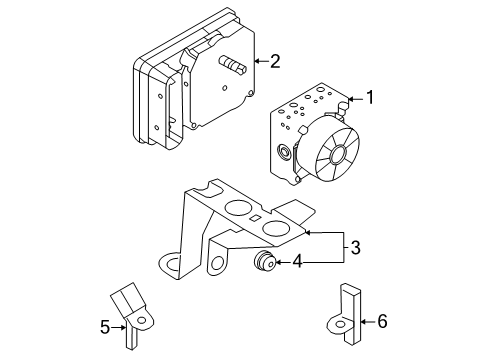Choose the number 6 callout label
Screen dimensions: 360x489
381,322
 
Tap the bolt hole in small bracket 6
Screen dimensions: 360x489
338,324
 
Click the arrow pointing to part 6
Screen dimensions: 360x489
364,322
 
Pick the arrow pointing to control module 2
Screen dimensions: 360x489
260,61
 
